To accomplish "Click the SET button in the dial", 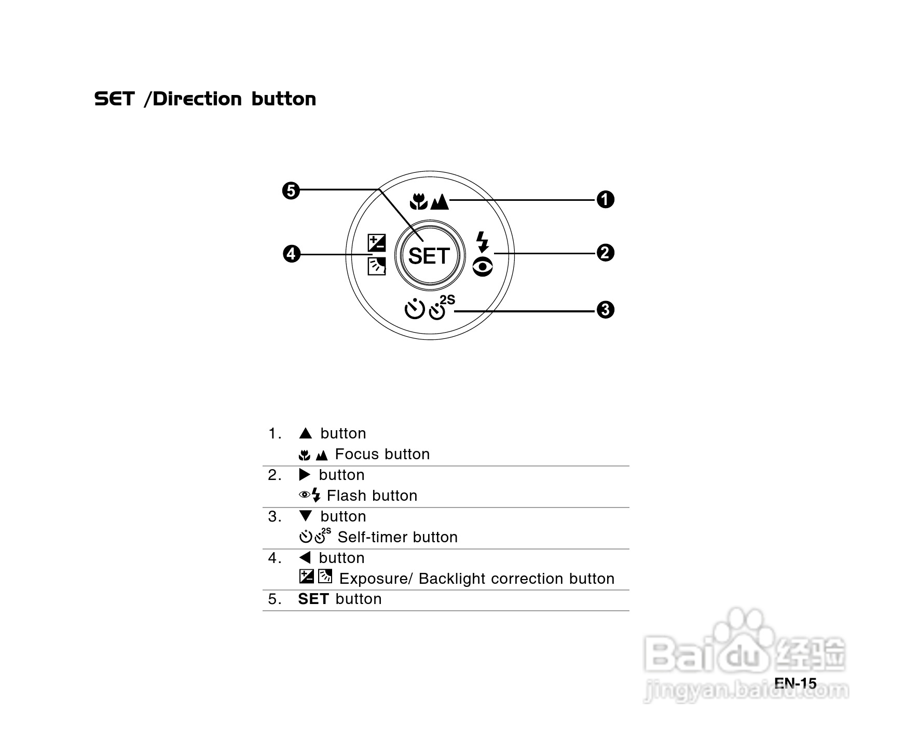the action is pyautogui.click(x=429, y=256).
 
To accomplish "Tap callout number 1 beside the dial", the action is pyautogui.click(x=605, y=199).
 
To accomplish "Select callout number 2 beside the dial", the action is pyautogui.click(x=605, y=253).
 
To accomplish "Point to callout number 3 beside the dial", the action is pyautogui.click(x=605, y=310).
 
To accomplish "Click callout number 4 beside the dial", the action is pyautogui.click(x=292, y=254).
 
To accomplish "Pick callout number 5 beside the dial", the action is pyautogui.click(x=291, y=191).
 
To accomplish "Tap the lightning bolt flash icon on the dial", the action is pyautogui.click(x=483, y=242).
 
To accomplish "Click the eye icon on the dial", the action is pyautogui.click(x=483, y=267).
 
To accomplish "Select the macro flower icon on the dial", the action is pyautogui.click(x=418, y=201).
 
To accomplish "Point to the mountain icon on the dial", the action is pyautogui.click(x=440, y=201).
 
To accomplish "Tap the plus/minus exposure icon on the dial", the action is pyautogui.click(x=376, y=243).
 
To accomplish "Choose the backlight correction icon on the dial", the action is pyautogui.click(x=376, y=266).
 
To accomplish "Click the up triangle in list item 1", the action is pyautogui.click(x=306, y=433).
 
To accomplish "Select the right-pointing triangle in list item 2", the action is pyautogui.click(x=305, y=474).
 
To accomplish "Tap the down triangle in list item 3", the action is pyautogui.click(x=306, y=516).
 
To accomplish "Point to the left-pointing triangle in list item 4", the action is pyautogui.click(x=305, y=557).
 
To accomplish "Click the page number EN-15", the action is pyautogui.click(x=795, y=683).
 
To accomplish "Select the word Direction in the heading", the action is pyautogui.click(x=197, y=99).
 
